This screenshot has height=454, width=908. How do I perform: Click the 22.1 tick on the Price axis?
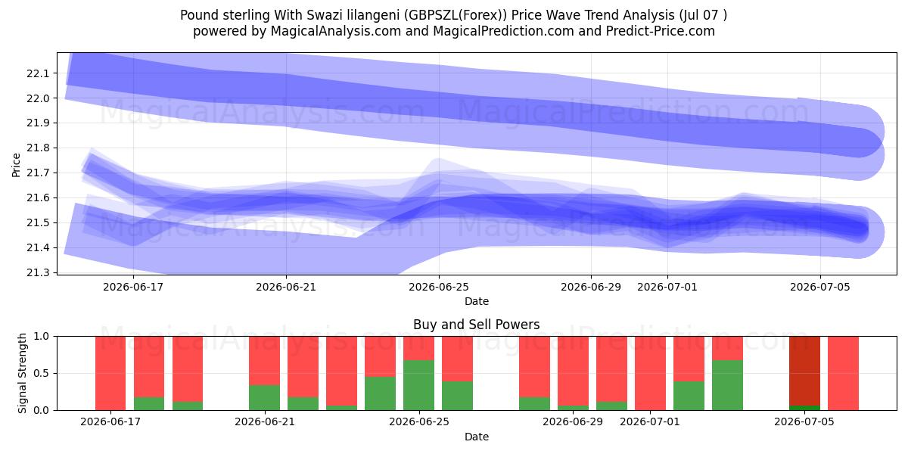[37, 73]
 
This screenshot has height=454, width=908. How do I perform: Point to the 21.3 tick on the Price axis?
[37, 273]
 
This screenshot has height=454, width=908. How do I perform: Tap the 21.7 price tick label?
[37, 173]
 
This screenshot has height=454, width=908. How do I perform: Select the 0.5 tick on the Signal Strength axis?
[41, 373]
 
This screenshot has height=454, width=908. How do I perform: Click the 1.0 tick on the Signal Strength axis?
[41, 337]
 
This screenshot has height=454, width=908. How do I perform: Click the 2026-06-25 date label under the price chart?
[439, 287]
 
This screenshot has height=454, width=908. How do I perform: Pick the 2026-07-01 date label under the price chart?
[667, 287]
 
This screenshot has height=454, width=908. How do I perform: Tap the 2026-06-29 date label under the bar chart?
[573, 422]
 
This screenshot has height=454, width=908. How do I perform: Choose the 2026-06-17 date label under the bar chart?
[110, 422]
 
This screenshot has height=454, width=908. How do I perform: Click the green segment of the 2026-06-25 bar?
[418, 385]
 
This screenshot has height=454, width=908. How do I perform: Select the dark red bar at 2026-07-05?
[804, 371]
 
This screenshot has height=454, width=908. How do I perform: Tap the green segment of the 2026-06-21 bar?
[264, 397]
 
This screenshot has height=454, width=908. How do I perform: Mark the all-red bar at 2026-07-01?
[650, 373]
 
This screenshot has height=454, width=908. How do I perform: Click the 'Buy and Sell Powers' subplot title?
[476, 325]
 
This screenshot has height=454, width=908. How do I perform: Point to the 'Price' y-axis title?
[16, 165]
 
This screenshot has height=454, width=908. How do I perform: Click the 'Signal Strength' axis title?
[22, 373]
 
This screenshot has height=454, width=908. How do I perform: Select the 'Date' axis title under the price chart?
[477, 302]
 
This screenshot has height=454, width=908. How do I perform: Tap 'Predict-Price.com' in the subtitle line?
[661, 31]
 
